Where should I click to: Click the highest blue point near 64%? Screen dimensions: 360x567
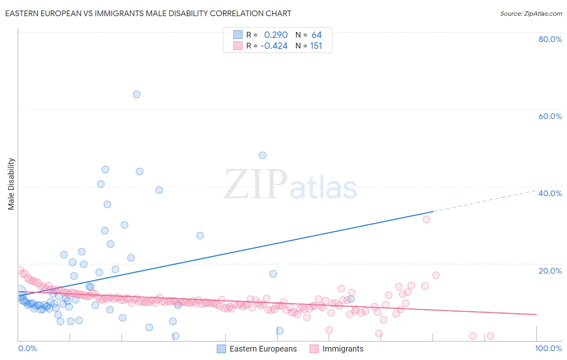pyautogui.click(x=137, y=94)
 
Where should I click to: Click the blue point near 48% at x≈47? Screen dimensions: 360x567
pyautogui.click(x=263, y=155)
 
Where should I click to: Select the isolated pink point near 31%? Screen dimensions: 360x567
pyautogui.click(x=426, y=220)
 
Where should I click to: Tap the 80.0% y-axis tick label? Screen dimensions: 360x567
pyautogui.click(x=550, y=39)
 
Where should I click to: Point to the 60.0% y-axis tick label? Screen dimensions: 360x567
pyautogui.click(x=550, y=116)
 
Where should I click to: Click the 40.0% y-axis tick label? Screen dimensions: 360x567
pyautogui.click(x=550, y=193)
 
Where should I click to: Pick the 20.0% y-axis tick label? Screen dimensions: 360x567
pyautogui.click(x=550, y=271)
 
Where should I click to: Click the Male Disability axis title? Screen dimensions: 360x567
pyautogui.click(x=11, y=184)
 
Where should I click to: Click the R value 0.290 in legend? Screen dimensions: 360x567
pyautogui.click(x=276, y=35)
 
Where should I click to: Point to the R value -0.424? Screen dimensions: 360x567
pyautogui.click(x=274, y=46)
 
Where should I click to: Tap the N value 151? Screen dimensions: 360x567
pyautogui.click(x=316, y=46)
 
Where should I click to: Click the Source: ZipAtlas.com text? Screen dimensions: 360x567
pyautogui.click(x=531, y=14)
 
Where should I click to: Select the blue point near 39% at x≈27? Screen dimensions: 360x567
pyautogui.click(x=159, y=190)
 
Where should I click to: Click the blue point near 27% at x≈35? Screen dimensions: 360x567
pyautogui.click(x=200, y=236)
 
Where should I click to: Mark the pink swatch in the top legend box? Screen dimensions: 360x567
pyautogui.click(x=238, y=46)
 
